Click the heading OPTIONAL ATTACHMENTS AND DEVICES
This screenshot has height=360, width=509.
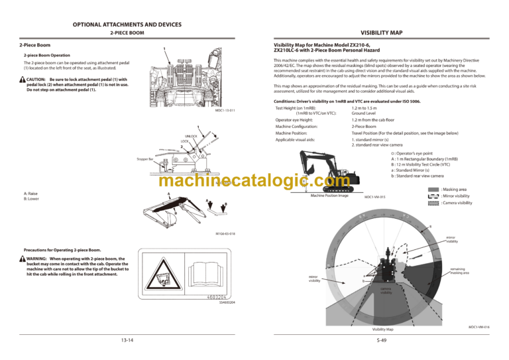(x=127, y=23)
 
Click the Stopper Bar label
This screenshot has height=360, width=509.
(x=145, y=160)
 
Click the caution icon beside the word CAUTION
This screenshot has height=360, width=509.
(x=23, y=80)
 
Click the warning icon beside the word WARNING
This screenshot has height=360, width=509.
(x=23, y=259)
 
